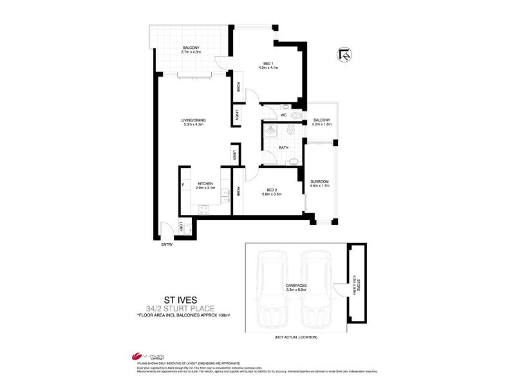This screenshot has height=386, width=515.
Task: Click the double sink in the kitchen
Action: point(225,195)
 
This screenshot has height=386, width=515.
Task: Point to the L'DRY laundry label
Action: point(182,226)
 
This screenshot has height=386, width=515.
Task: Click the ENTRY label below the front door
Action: point(167,244)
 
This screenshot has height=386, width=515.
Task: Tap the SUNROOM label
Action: point(320,182)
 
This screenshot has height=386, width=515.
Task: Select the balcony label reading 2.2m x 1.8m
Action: point(321,124)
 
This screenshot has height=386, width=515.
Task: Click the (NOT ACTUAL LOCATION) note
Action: point(296,337)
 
